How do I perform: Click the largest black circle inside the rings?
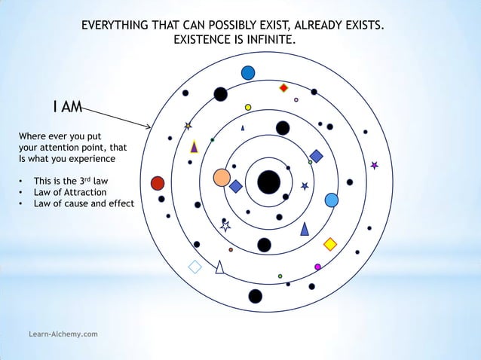tap(268, 182)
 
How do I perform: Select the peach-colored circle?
tap(222, 178)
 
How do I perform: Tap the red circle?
tap(158, 183)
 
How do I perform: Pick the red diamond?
tap(283, 88)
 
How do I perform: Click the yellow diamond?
tap(329, 244)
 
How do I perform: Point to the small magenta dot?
tap(317, 267)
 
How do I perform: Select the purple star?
tap(374, 165)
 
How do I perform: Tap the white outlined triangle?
tap(219, 267)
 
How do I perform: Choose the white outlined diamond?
tap(195, 267)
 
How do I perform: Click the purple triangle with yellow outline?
tap(194, 147)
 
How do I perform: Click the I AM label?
tap(68, 108)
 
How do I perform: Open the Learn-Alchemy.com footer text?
tap(63, 333)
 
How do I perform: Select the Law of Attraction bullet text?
tap(65, 192)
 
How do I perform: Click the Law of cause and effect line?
tap(78, 203)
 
